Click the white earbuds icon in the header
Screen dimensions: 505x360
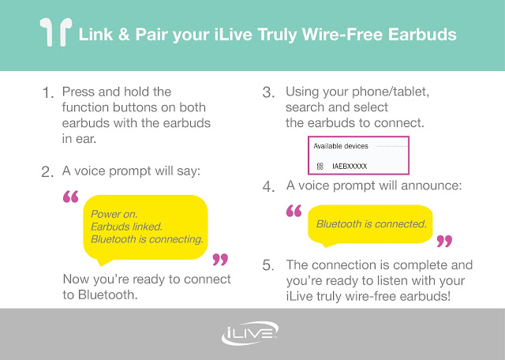[x=56, y=32]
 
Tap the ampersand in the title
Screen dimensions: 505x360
[x=124, y=35]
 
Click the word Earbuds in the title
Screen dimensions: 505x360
[x=422, y=35]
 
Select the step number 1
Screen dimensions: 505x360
[x=47, y=93]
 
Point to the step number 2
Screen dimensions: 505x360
[x=47, y=172]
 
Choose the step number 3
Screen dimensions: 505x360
[x=268, y=93]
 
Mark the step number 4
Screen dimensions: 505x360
[x=268, y=186]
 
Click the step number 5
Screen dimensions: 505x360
[x=268, y=265]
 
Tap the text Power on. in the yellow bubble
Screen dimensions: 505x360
[x=114, y=214]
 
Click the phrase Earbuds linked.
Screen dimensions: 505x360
[x=126, y=227]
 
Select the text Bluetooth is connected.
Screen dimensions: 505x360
[x=372, y=223]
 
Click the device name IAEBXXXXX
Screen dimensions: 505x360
[x=350, y=167]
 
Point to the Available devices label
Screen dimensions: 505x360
[x=341, y=146]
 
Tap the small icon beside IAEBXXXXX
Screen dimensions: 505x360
[x=320, y=167]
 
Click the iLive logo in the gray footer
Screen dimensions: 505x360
[x=250, y=333]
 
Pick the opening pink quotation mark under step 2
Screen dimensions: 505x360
[x=70, y=197]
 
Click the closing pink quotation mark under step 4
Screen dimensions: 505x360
[x=444, y=241]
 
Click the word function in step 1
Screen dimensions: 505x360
[x=85, y=107]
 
